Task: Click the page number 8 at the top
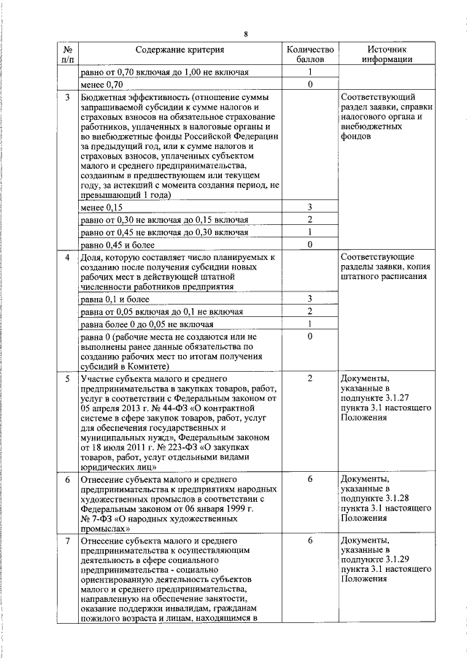[x=246, y=34]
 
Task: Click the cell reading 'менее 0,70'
[x=107, y=85]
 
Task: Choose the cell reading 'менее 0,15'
[x=107, y=208]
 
